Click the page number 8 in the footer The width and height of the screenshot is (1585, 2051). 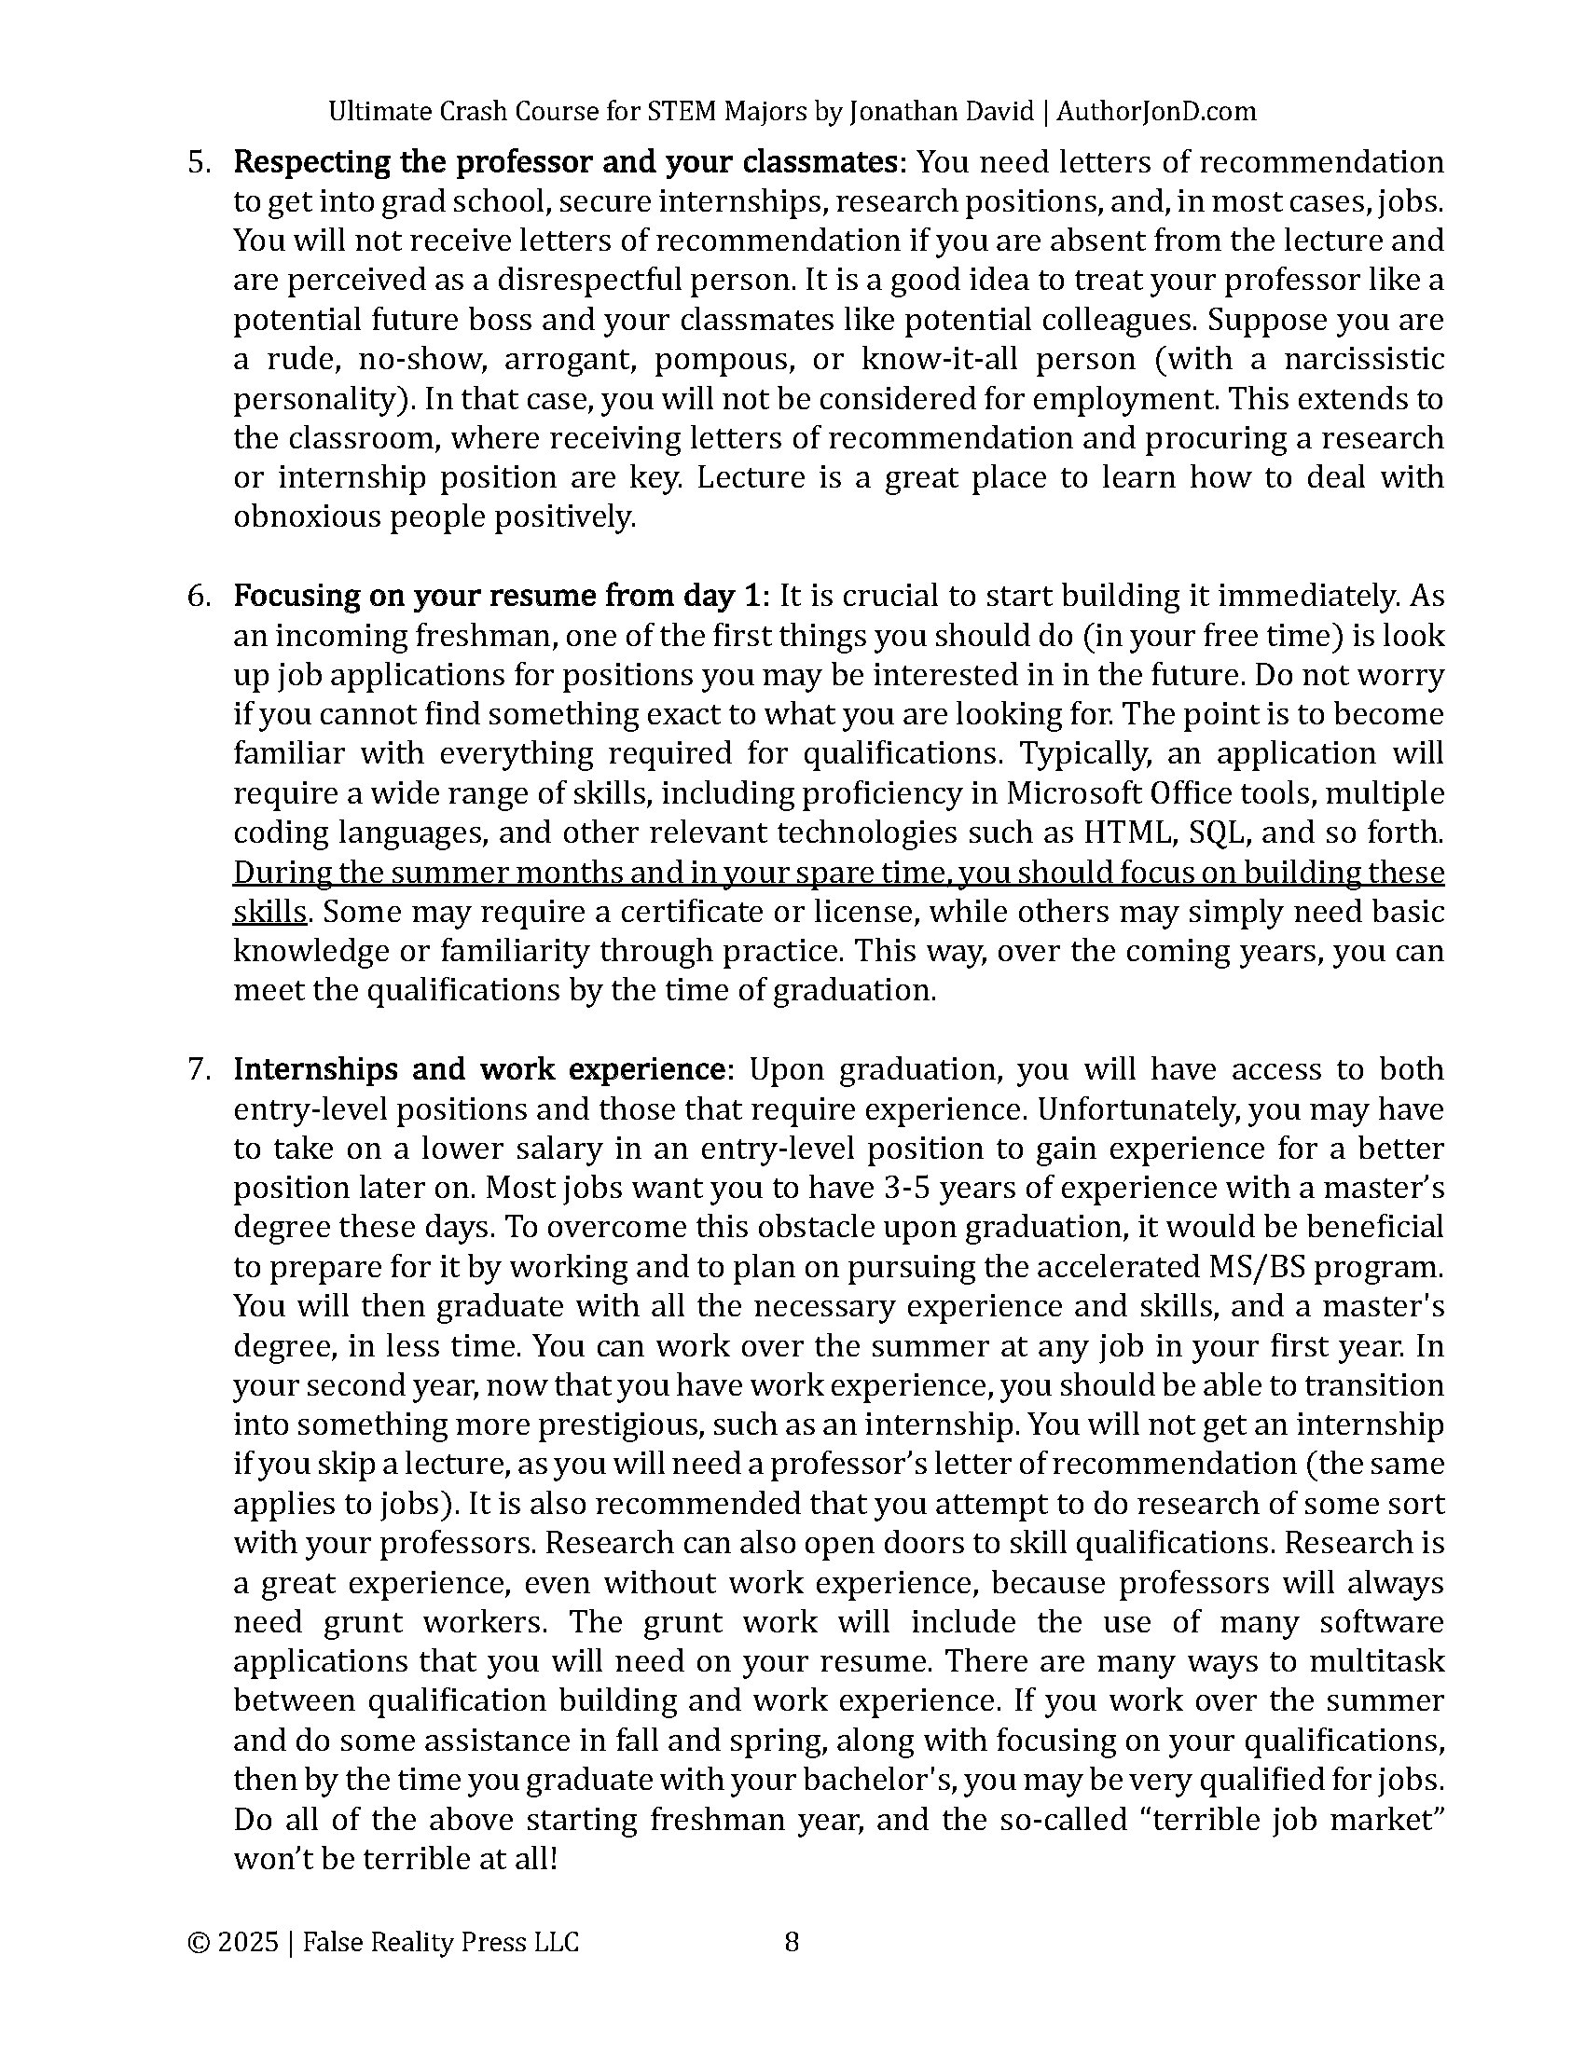[x=792, y=1941]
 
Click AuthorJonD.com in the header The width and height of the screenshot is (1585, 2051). [x=1156, y=112]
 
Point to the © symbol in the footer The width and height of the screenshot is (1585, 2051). [x=198, y=1941]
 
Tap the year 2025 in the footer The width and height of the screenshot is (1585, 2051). [x=248, y=1941]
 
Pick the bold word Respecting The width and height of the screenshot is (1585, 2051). [x=310, y=162]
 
